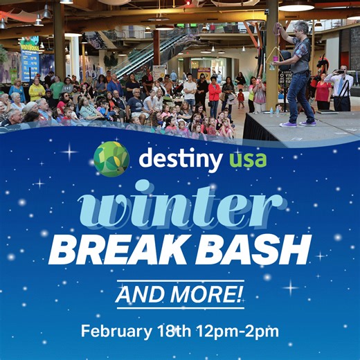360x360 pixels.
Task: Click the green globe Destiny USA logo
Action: pos(111,159)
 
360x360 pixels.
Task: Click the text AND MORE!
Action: pos(180,295)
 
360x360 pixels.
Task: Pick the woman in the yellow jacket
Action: pos(37,90)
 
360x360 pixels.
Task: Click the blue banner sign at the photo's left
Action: pos(30,59)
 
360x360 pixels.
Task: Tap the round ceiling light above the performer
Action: pos(296,7)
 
